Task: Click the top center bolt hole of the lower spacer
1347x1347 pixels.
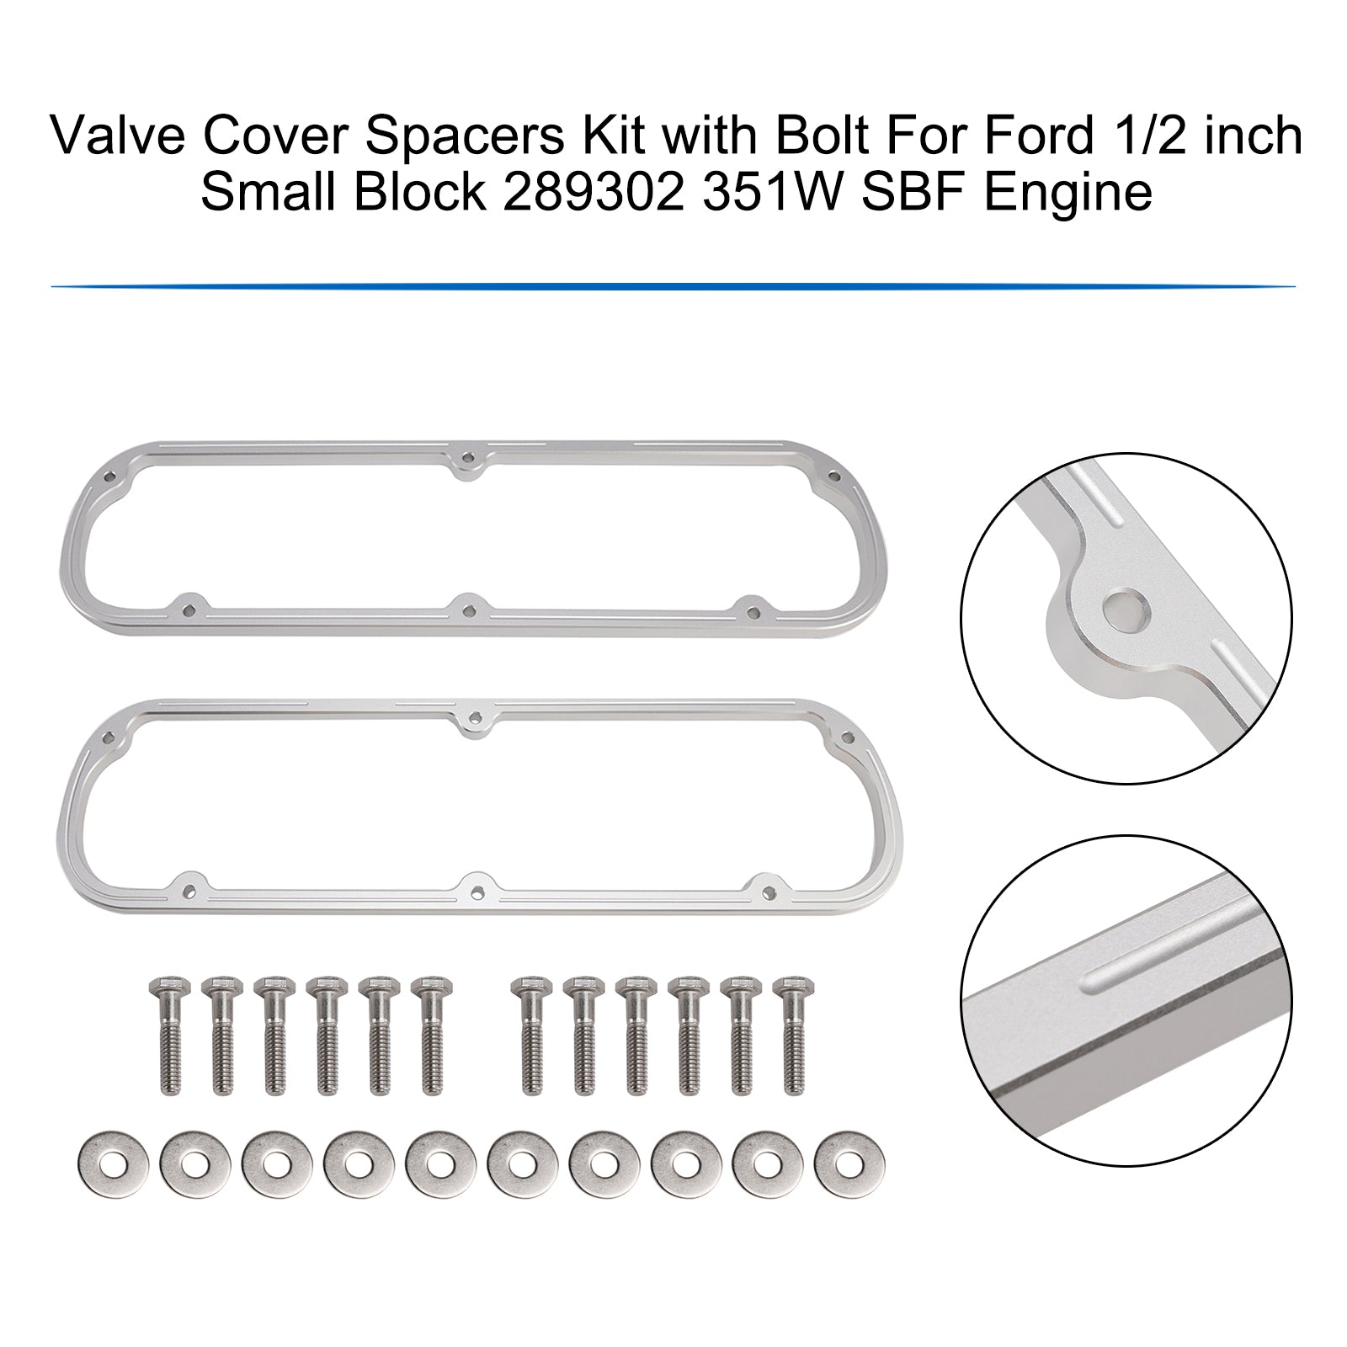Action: pyautogui.click(x=477, y=721)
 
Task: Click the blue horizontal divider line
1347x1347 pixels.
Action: pyautogui.click(x=673, y=286)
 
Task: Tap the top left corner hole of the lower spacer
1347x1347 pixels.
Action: pyautogui.click(x=107, y=737)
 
